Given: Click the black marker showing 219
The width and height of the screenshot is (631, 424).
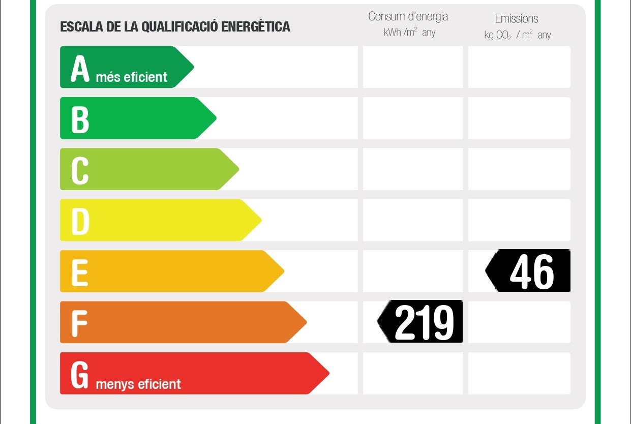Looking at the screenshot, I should (421, 322).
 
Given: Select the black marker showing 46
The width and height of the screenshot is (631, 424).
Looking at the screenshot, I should (529, 271).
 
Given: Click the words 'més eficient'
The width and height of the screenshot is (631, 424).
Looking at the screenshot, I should (131, 77).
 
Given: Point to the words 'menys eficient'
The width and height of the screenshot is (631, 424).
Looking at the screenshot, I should (138, 384).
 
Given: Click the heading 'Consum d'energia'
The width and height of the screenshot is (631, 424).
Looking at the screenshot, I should (408, 16).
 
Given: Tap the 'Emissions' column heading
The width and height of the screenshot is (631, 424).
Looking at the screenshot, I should (517, 19).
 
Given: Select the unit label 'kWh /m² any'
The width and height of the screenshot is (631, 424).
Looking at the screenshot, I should (409, 33).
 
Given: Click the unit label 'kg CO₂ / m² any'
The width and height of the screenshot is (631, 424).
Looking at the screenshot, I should (518, 35).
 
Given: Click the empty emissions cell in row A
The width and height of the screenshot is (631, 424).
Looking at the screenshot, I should (519, 67).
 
